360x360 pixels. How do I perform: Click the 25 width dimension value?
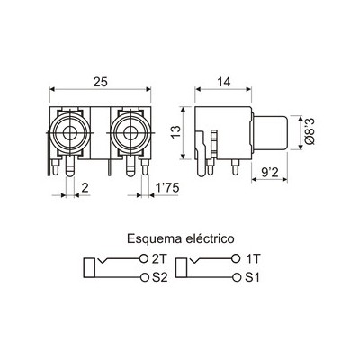tap(100, 82)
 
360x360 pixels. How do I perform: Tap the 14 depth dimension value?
tap(223, 82)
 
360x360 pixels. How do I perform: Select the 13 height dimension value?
tap(175, 132)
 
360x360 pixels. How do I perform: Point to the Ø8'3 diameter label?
tap(310, 131)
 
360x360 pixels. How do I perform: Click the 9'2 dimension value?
tap(270, 172)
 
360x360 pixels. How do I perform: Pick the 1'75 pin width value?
tap(167, 188)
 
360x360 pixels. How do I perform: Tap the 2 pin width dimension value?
tap(85, 188)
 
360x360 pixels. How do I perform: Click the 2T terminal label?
tap(159, 259)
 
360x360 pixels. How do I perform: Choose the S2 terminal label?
tap(159, 277)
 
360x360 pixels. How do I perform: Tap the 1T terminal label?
tap(252, 259)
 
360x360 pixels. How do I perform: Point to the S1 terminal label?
tap(252, 277)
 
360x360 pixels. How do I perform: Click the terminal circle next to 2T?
tap(144, 258)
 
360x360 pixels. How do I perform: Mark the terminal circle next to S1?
tap(238, 277)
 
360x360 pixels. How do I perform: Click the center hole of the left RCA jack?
tap(70, 133)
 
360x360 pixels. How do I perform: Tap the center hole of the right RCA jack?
tap(130, 133)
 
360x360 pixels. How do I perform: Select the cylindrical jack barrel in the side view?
tap(270, 132)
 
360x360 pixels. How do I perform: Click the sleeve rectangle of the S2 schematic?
tap(89, 267)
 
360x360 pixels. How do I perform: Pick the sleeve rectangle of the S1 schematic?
tap(182, 267)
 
